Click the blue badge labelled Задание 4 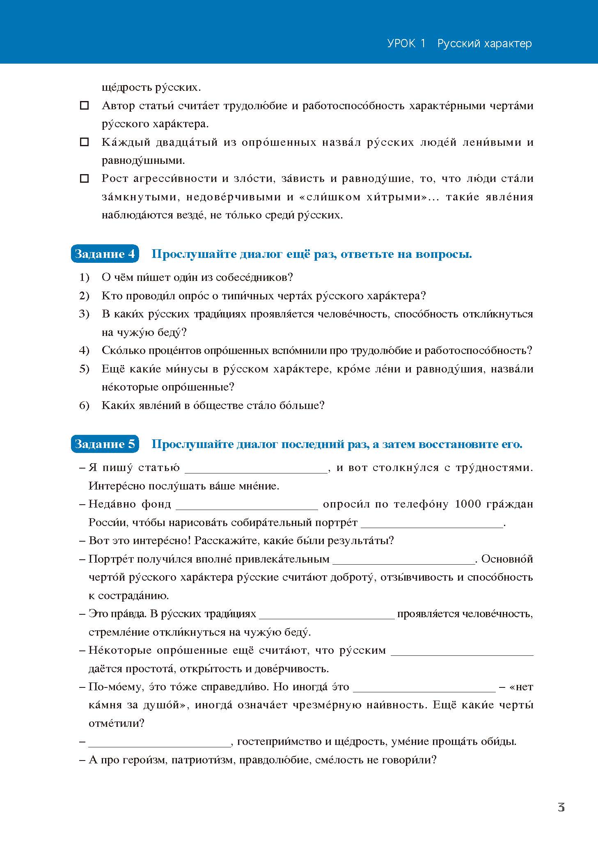[x=105, y=254]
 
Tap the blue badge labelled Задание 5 [x=105, y=444]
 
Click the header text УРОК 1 [x=407, y=44]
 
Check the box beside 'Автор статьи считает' [x=84, y=106]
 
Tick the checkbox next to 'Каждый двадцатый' [x=84, y=142]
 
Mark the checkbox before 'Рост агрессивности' [x=84, y=179]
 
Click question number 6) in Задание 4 [x=84, y=406]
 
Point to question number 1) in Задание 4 [x=84, y=278]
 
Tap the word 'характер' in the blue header [x=508, y=44]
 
